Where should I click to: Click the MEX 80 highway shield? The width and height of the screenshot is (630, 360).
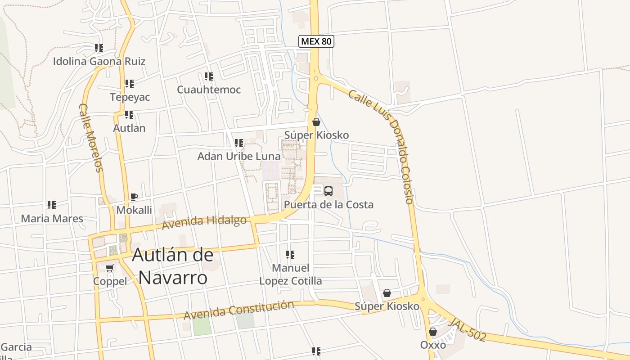tap(316, 41)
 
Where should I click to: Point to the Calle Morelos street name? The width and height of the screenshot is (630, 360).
tap(91, 138)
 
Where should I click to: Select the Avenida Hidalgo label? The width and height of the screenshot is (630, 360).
tap(204, 222)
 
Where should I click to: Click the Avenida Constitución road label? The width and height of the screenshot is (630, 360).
tap(238, 310)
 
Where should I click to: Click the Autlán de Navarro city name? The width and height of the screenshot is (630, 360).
tap(172, 266)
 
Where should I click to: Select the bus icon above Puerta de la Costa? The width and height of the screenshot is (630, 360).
tap(328, 191)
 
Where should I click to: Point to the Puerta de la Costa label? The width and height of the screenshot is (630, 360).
tap(328, 205)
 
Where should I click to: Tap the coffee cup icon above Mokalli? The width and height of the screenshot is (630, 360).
tap(134, 197)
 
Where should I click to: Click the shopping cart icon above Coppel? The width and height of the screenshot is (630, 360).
tap(109, 268)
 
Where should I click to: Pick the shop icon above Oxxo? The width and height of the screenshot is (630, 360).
tap(432, 332)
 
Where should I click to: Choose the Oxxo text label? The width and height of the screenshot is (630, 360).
tap(433, 345)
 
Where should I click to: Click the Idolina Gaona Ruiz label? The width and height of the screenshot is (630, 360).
tap(99, 61)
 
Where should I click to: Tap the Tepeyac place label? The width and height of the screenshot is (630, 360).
tap(130, 97)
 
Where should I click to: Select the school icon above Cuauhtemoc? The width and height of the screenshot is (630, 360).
tap(208, 76)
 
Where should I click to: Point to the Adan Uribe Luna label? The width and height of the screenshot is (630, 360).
tap(239, 156)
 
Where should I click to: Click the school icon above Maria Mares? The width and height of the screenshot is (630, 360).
tap(52, 205)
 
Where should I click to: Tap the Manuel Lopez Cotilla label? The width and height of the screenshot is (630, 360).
tap(291, 274)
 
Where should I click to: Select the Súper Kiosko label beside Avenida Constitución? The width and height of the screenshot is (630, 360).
tap(387, 306)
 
